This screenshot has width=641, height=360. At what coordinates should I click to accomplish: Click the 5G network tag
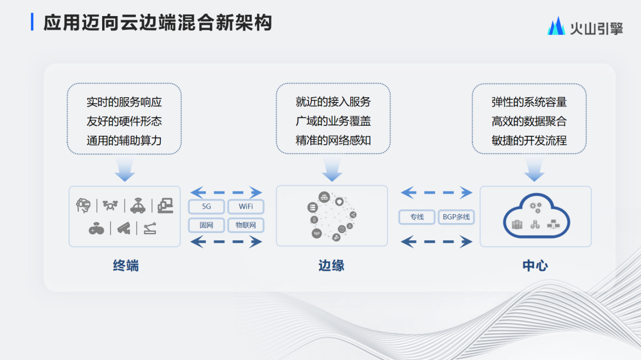tap(207, 207)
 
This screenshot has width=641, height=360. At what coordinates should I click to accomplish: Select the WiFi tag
tap(246, 207)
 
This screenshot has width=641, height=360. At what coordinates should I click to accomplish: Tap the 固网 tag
tap(207, 225)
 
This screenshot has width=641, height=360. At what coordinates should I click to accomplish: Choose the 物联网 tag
tap(246, 225)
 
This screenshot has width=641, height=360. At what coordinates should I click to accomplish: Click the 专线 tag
tap(417, 217)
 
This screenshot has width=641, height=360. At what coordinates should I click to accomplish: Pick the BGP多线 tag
tap(456, 217)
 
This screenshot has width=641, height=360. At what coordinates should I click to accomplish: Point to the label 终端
tap(126, 266)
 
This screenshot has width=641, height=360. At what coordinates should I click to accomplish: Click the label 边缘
tap(332, 266)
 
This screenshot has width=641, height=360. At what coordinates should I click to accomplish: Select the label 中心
tap(535, 266)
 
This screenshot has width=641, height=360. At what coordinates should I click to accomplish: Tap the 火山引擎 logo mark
tap(556, 26)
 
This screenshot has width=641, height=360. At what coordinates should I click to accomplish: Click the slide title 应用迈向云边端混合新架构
tap(158, 23)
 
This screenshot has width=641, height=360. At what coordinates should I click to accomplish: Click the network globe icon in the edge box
tap(332, 216)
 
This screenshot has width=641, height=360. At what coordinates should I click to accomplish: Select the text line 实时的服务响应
tap(124, 102)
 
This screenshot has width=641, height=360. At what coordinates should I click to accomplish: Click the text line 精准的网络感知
tap(333, 141)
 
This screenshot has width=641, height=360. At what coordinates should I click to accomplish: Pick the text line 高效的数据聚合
tap(529, 122)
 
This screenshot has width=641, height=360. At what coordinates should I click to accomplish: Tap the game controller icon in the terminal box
tap(97, 229)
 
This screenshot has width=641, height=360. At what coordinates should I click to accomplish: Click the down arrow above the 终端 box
tap(125, 170)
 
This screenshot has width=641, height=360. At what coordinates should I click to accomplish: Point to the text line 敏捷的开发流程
tap(529, 141)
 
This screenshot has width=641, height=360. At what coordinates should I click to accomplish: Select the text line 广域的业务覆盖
tap(333, 122)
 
